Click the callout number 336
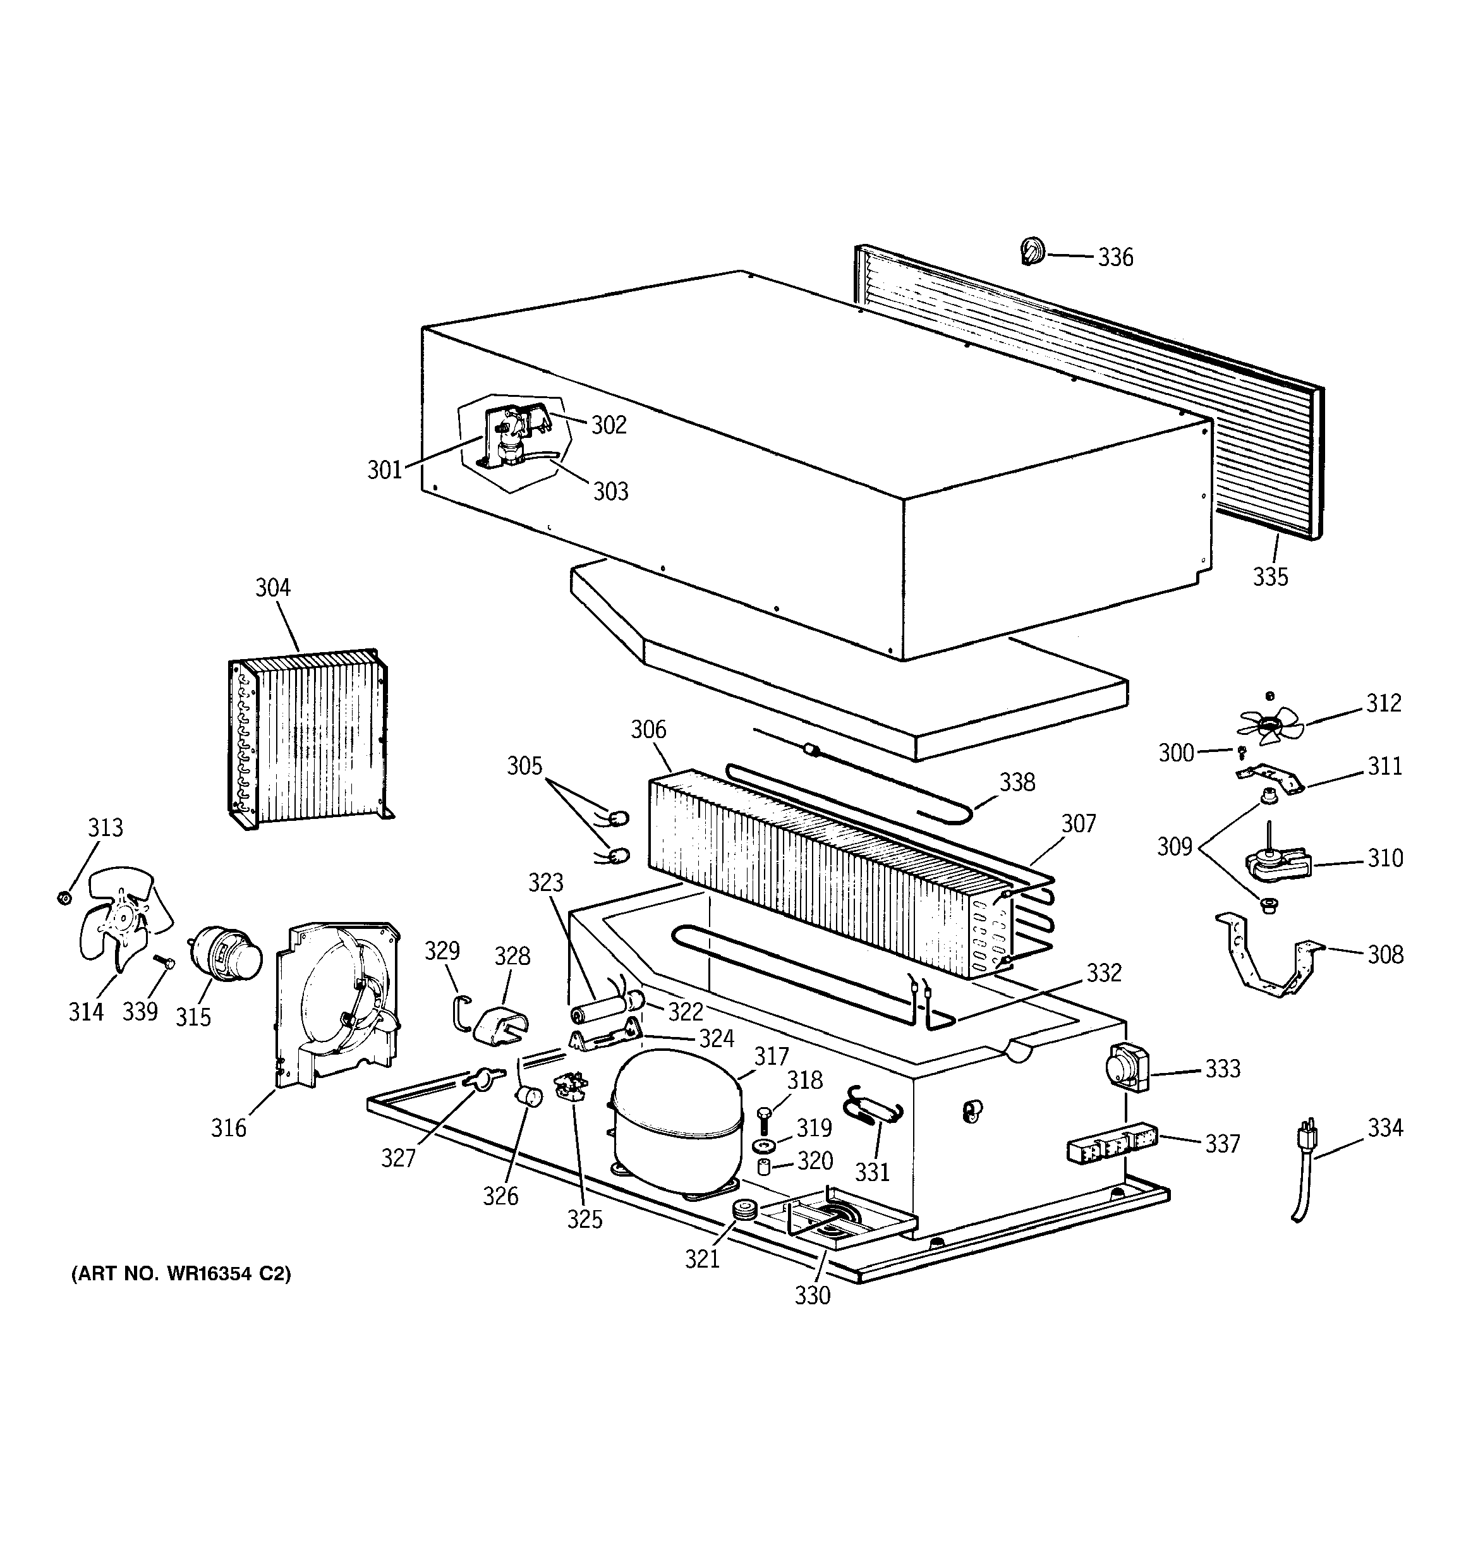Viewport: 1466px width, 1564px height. coord(1115,257)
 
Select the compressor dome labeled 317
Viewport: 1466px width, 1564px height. coord(677,1117)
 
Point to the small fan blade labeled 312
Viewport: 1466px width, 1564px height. coord(1266,725)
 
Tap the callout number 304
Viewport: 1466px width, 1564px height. coord(272,588)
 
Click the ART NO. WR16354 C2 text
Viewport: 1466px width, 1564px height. coord(181,1274)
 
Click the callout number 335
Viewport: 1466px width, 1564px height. coord(1270,577)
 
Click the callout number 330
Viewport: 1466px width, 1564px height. coord(812,1295)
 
